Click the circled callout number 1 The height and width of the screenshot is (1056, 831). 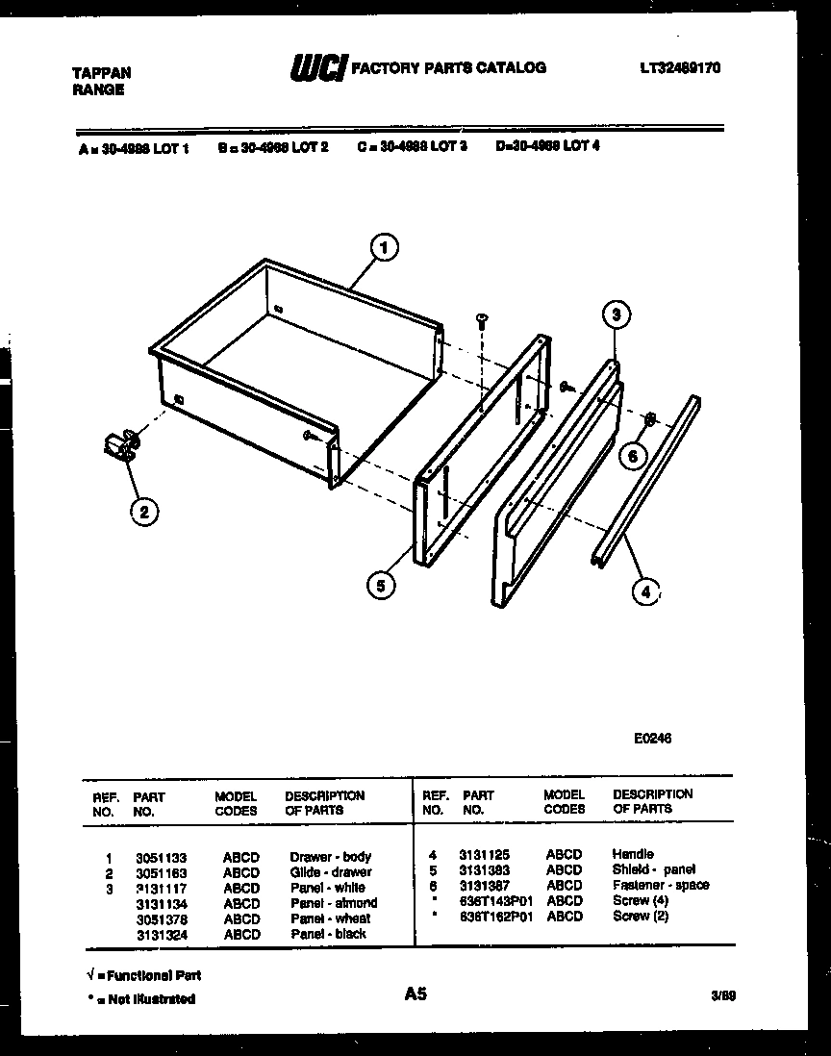383,249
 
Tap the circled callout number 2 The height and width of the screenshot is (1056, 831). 143,512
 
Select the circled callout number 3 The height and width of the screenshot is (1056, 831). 617,314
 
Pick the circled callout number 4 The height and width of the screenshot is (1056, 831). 645,592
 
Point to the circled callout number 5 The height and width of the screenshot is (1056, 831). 381,586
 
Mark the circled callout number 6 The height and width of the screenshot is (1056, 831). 632,456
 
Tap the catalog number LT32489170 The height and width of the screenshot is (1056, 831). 679,68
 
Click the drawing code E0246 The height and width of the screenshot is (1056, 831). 652,739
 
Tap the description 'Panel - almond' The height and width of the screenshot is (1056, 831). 333,903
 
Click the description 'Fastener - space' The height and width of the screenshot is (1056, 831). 660,885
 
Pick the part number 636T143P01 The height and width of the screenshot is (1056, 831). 495,900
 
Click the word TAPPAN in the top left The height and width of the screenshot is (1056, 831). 102,73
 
